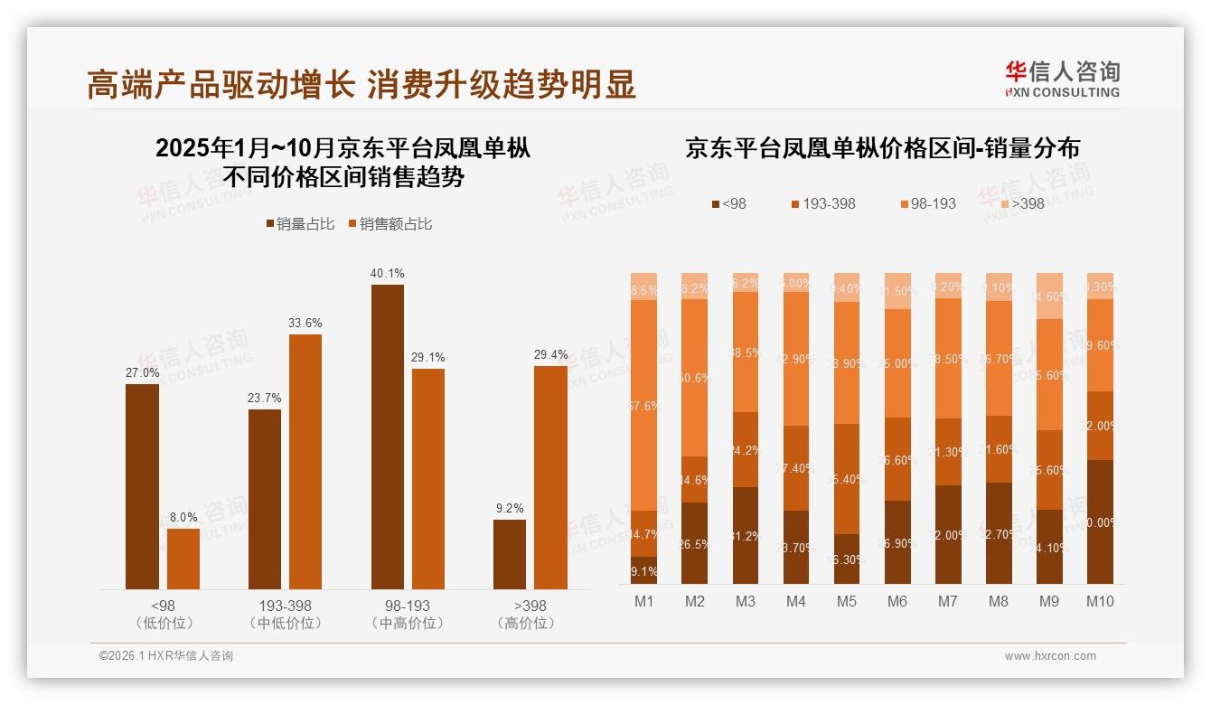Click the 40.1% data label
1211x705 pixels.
(387, 273)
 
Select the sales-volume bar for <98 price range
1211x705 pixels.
(142, 486)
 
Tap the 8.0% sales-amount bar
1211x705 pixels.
(183, 559)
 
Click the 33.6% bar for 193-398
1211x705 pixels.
(305, 461)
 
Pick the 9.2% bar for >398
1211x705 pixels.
(510, 554)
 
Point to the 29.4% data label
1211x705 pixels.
(551, 354)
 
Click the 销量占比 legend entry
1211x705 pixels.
(297, 224)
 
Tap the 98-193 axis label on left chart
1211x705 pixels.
(407, 606)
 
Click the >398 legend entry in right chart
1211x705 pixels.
(1019, 203)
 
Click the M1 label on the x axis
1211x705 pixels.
(644, 601)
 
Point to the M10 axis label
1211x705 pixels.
(1100, 601)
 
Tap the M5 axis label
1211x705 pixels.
(847, 601)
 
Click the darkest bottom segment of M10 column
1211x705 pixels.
(1100, 522)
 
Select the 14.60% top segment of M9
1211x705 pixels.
(1049, 296)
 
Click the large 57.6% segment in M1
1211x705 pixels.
(644, 405)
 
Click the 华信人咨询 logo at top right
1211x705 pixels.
(1062, 79)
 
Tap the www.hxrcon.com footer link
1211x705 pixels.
(1050, 656)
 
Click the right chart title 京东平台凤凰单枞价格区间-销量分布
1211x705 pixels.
(882, 148)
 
